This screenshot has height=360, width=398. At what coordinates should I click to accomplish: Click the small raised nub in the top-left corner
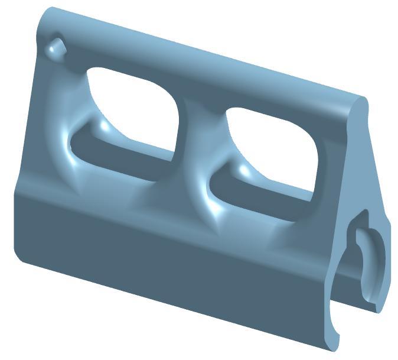click(x=57, y=47)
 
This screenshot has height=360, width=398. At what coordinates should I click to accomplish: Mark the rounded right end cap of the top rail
click(x=357, y=109)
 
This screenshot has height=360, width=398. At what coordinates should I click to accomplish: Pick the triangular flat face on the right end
click(x=368, y=171)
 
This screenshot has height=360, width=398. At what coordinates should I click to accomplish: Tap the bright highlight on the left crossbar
click(x=105, y=126)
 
